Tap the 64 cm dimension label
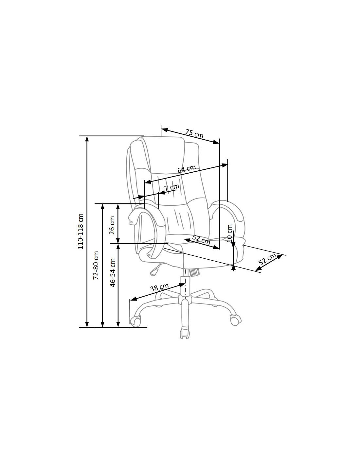click(x=187, y=169)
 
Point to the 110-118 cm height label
click(x=81, y=231)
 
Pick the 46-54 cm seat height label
click(x=113, y=272)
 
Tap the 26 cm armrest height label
click(x=112, y=225)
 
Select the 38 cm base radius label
click(x=159, y=287)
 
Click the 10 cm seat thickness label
click(x=229, y=233)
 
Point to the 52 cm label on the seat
click(x=201, y=239)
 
